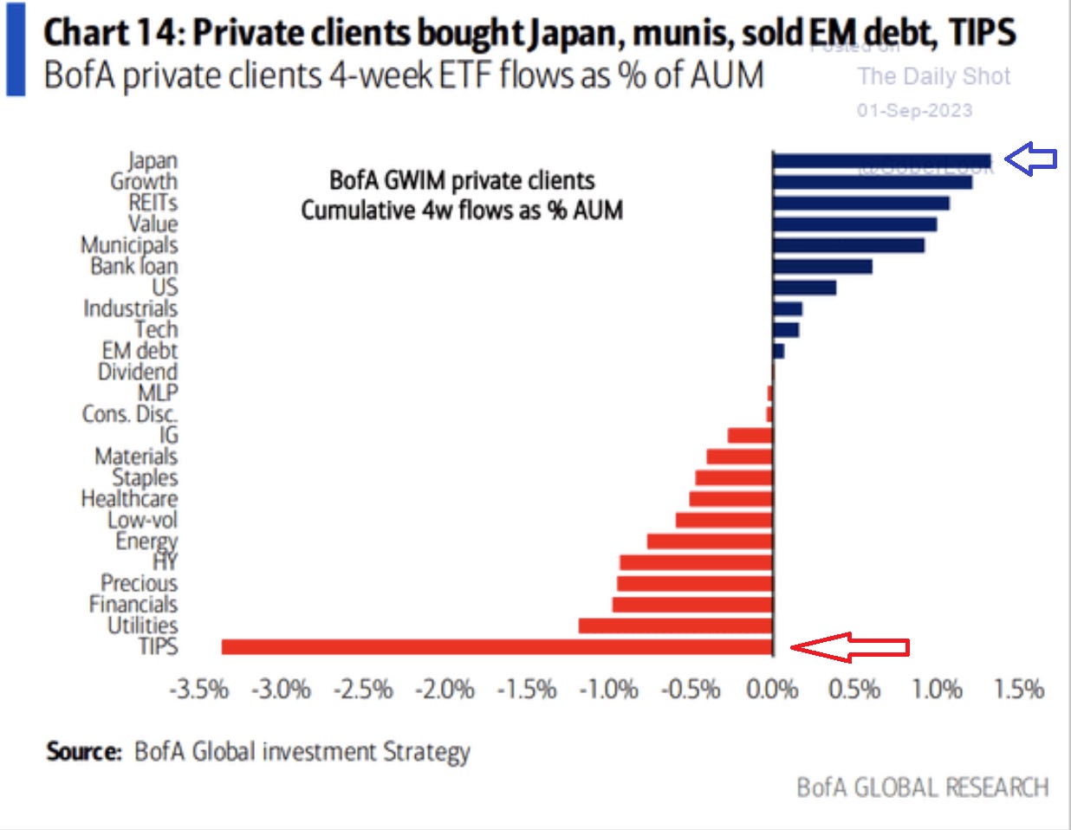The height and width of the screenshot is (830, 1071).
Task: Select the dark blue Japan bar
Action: click(x=881, y=160)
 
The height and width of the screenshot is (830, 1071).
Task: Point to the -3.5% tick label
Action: click(x=199, y=690)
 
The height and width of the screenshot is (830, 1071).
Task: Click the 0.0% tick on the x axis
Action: click(x=772, y=690)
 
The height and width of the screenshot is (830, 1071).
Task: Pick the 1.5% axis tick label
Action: click(x=1018, y=690)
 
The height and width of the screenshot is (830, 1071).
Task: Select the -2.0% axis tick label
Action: click(x=445, y=690)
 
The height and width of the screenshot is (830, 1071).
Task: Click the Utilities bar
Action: click(x=675, y=626)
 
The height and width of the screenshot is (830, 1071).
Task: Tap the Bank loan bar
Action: click(x=822, y=266)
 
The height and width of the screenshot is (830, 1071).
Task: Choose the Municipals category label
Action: click(x=129, y=245)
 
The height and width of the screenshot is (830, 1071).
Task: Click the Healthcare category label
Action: click(x=129, y=499)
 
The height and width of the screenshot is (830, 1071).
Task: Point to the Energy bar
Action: click(x=710, y=541)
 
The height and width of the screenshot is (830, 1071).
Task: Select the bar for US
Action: click(x=804, y=287)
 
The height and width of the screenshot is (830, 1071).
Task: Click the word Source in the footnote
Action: click(x=84, y=751)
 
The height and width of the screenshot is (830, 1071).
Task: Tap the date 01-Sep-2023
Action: click(x=914, y=110)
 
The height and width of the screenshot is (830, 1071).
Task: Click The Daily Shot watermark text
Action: click(x=934, y=76)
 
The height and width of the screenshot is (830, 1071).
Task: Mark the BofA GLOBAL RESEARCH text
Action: click(x=922, y=788)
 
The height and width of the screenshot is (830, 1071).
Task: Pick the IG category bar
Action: click(x=750, y=435)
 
